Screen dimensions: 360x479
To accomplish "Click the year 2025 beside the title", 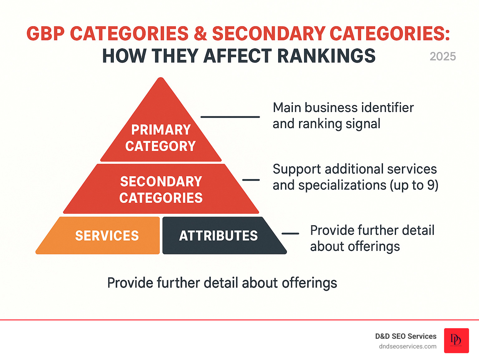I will [443, 56].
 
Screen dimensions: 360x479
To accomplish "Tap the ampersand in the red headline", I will [200, 33].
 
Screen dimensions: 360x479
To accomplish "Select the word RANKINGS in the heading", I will [326, 56].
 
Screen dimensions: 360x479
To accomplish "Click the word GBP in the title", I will [45, 33].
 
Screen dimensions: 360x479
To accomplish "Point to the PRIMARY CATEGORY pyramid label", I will [161, 138].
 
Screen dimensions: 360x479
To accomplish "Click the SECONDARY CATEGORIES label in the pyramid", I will [161, 190].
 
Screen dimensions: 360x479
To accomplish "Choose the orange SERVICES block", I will [107, 236].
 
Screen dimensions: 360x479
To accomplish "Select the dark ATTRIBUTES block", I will [218, 236].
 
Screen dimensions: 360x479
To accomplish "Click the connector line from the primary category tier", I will [230, 117].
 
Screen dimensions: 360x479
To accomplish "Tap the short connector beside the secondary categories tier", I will [251, 180].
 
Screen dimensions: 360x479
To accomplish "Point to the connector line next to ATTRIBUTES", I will [290, 233].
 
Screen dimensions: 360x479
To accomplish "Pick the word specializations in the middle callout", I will [342, 185].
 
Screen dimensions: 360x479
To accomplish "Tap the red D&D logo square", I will [456, 340].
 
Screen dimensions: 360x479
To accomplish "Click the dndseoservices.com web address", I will [408, 346].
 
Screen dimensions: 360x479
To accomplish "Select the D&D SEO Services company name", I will [406, 336].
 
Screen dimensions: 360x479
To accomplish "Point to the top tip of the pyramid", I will [161, 79].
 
